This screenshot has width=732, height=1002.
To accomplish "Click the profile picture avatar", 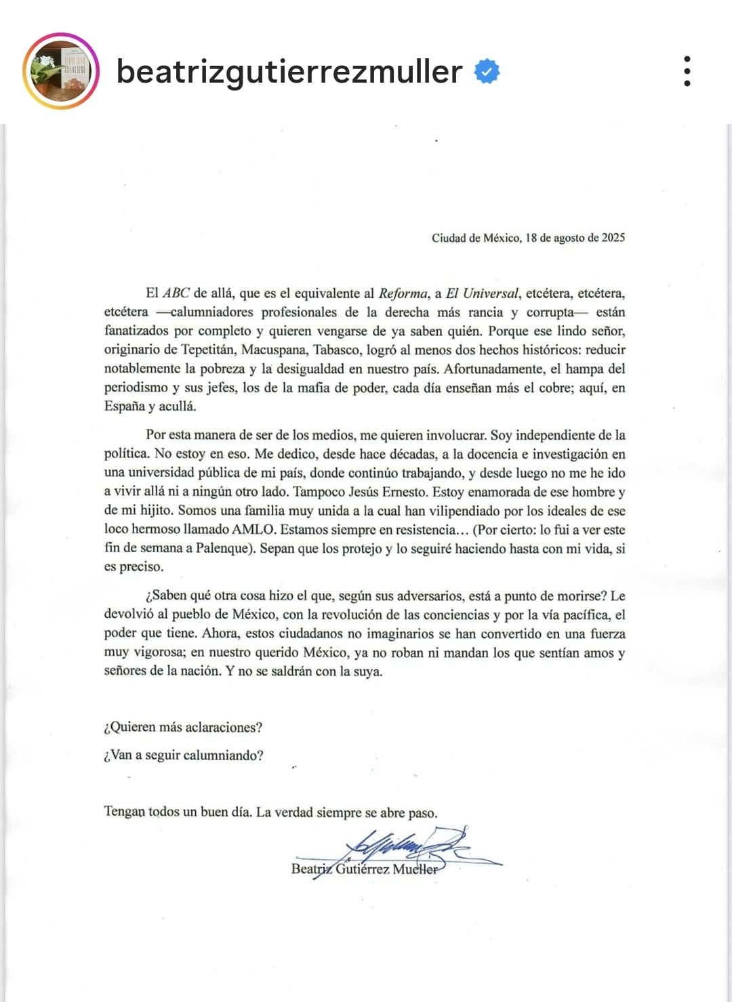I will point(61,71).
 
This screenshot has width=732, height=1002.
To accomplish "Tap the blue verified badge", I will point(487,71).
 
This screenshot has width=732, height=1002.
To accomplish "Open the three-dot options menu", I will point(687,71).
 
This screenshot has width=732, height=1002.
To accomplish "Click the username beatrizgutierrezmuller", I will point(289,71).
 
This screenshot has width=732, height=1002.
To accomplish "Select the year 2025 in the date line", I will point(613,238).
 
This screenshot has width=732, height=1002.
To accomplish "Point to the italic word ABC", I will point(176,293).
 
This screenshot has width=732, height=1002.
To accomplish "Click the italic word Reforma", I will point(403,293).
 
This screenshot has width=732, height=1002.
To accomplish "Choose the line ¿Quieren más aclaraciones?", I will point(183,728).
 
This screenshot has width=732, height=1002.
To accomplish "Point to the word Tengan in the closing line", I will point(125,812).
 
